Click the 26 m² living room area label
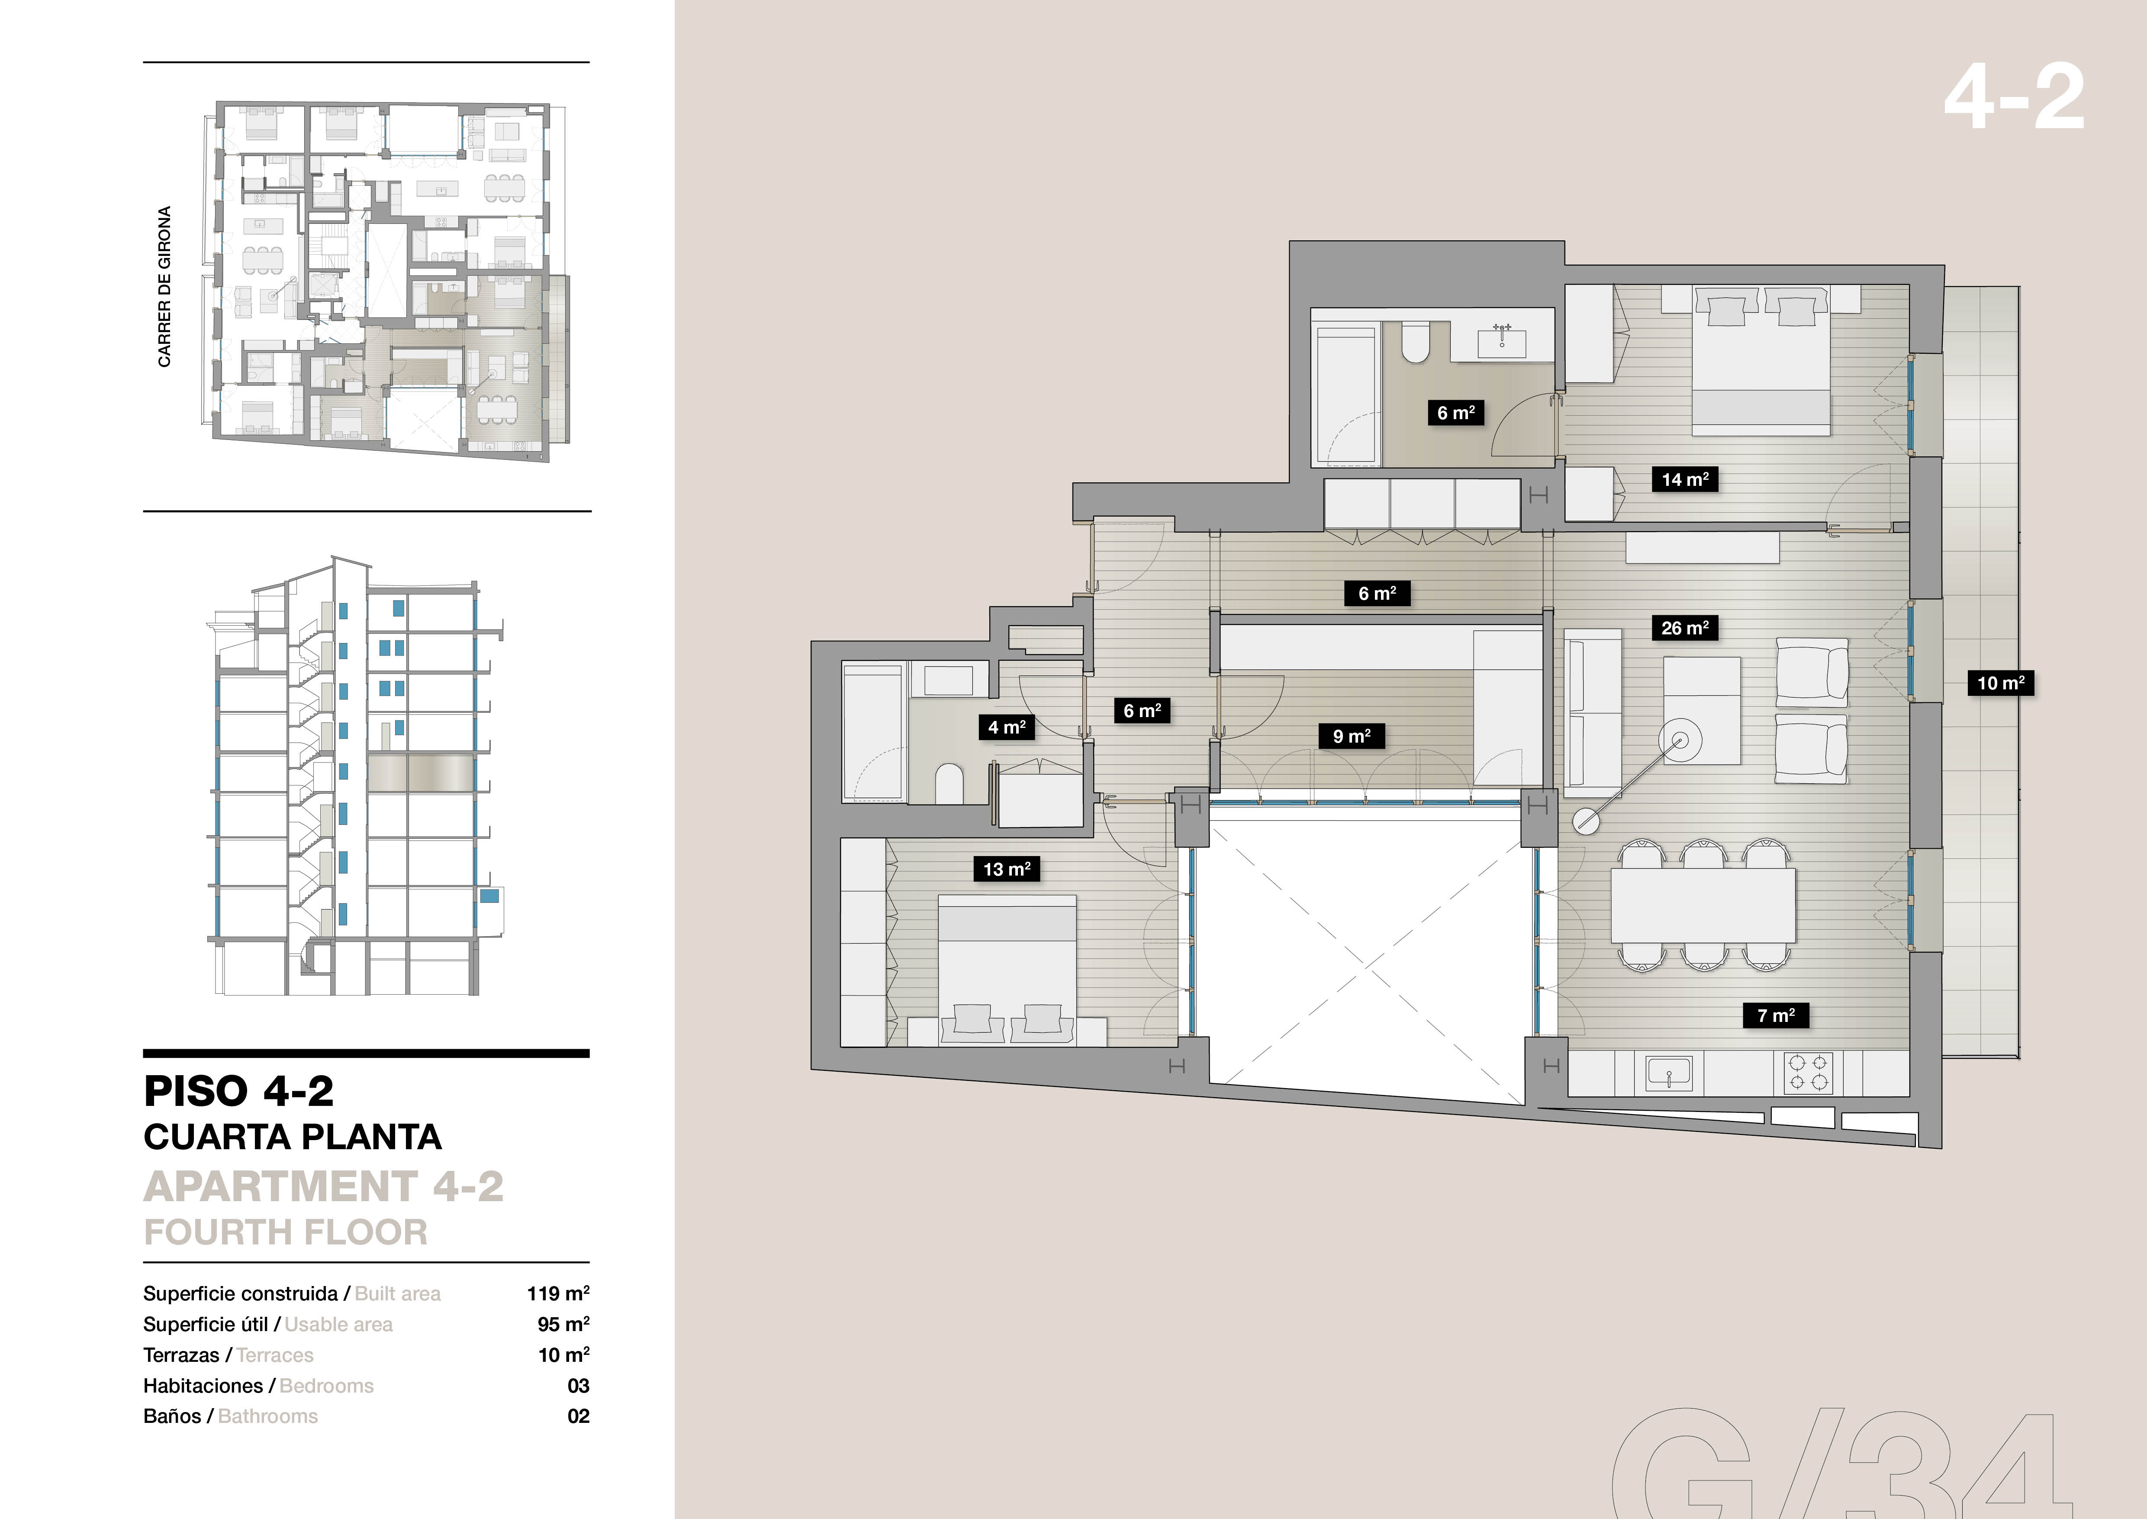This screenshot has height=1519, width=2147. tap(1684, 627)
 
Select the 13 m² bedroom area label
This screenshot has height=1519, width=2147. tap(1006, 869)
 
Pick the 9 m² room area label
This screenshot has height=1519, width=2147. tap(1351, 736)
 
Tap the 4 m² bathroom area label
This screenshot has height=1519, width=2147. tap(1006, 727)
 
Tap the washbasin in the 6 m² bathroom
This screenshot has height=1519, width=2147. tap(1502, 343)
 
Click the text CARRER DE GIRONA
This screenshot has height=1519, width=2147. tap(164, 286)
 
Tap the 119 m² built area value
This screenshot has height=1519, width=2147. tap(557, 1293)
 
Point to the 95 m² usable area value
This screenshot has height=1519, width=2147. tap(563, 1325)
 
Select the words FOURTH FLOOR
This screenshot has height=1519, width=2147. tap(285, 1232)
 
